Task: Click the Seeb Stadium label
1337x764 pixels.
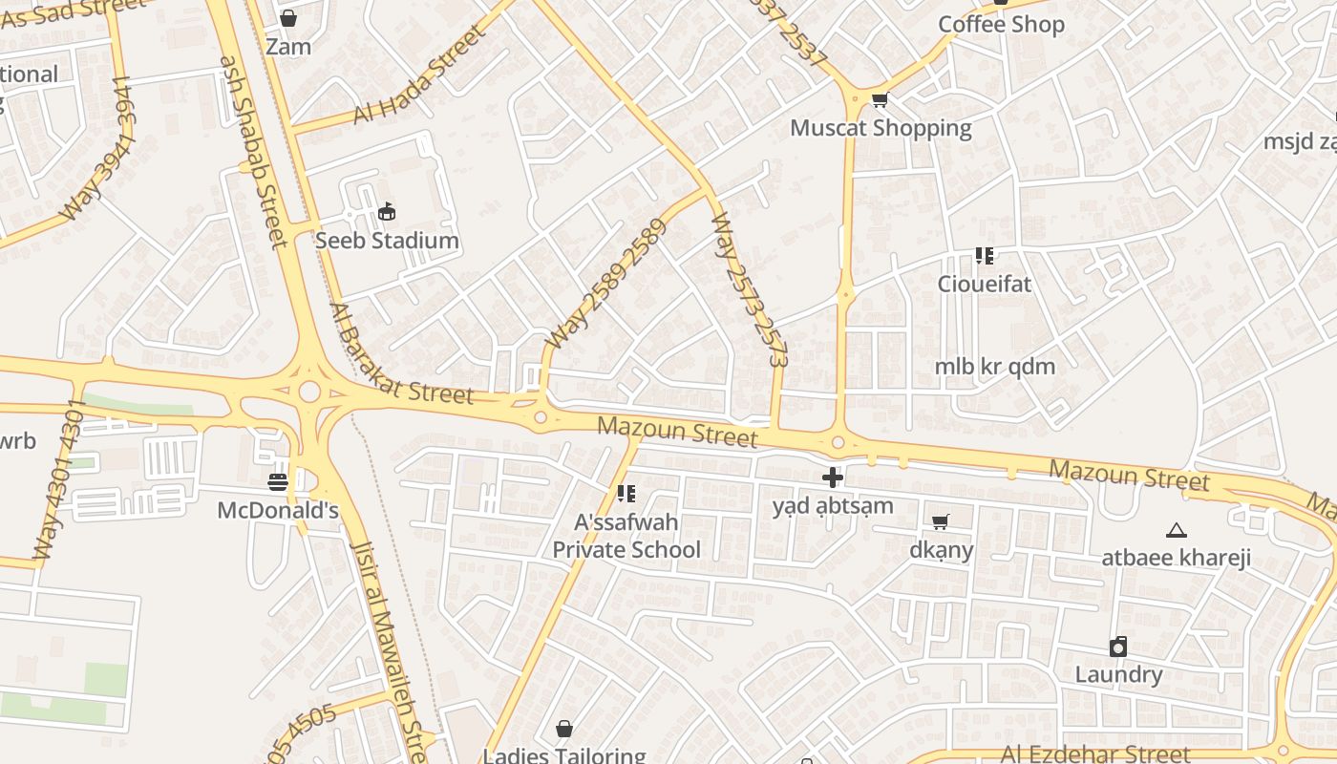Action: click(x=387, y=241)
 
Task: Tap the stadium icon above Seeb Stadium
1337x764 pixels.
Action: click(x=387, y=212)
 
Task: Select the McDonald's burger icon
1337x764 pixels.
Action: click(x=278, y=482)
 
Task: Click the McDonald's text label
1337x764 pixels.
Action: click(x=278, y=511)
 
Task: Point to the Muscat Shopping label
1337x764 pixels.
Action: click(x=881, y=128)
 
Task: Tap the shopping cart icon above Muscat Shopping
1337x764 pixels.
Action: click(x=881, y=99)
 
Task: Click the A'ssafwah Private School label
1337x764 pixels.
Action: click(x=626, y=536)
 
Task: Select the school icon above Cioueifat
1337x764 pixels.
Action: click(x=985, y=256)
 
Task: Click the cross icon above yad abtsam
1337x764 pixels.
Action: click(x=833, y=477)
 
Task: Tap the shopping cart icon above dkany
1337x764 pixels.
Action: click(x=941, y=521)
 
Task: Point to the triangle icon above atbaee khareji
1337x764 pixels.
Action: click(x=1177, y=530)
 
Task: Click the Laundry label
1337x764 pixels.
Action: click(x=1118, y=675)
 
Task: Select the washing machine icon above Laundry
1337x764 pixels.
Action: click(x=1118, y=647)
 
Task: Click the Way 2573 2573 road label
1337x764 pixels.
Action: click(x=750, y=289)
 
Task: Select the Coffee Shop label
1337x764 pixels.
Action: click(x=1001, y=25)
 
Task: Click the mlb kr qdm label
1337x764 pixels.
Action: click(x=994, y=367)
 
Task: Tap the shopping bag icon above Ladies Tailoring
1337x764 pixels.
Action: click(x=564, y=730)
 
